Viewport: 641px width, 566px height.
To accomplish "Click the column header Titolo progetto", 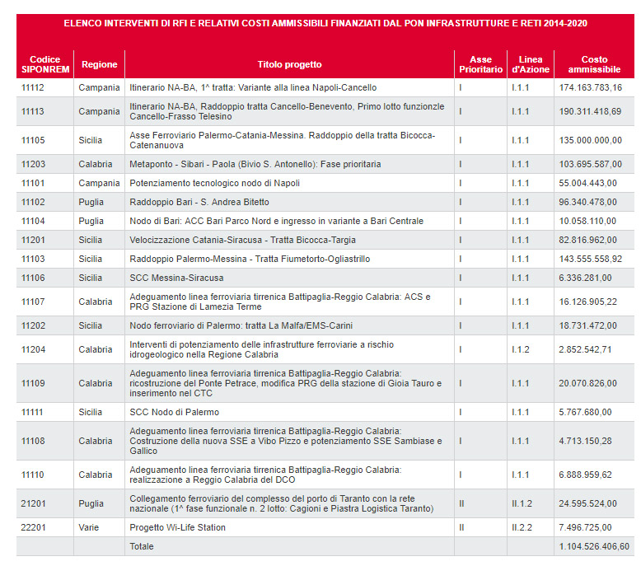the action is (289, 64).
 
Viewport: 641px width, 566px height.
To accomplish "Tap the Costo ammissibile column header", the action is (594, 64).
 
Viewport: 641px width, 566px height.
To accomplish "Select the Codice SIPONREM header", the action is (45, 64).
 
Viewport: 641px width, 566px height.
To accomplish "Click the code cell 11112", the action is (33, 87).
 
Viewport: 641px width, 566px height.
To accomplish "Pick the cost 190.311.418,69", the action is (590, 111).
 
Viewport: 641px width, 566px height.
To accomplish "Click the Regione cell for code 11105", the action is (90, 140).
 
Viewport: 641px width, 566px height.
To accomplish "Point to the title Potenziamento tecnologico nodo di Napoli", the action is (214, 183).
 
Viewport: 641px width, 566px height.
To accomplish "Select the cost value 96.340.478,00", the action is (587, 202).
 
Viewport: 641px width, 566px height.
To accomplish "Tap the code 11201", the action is (33, 240).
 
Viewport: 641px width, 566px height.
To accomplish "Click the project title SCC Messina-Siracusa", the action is (176, 278).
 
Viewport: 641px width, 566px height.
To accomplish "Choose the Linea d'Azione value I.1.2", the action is (521, 349).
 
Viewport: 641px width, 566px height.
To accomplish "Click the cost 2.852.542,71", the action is (585, 349).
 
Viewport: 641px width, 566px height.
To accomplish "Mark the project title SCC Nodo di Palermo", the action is (174, 412).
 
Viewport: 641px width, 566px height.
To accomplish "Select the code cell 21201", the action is (34, 503).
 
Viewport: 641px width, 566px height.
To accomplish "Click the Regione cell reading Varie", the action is (89, 527).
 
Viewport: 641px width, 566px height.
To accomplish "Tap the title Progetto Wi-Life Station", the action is (177, 527).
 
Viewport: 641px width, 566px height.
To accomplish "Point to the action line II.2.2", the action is (522, 527).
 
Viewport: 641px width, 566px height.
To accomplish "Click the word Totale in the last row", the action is (142, 546).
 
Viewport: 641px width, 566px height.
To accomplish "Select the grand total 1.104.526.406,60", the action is (594, 546).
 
